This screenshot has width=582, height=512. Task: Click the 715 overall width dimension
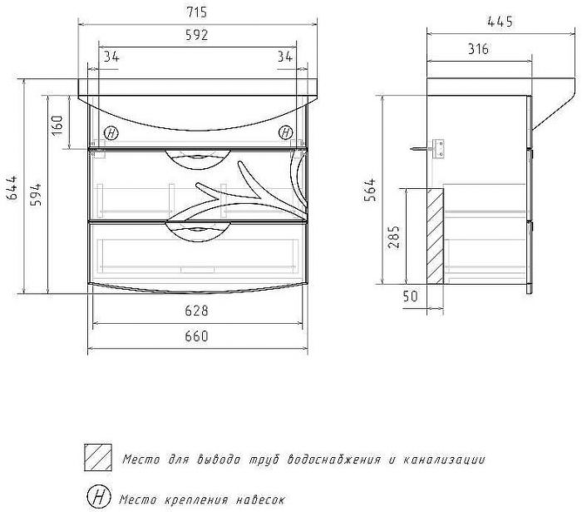(197, 12)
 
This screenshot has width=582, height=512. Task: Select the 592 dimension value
(197, 35)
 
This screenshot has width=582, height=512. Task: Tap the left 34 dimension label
(111, 57)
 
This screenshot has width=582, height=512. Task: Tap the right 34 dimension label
(285, 57)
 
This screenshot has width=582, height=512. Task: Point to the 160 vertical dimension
(57, 125)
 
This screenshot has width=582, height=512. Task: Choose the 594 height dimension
(36, 195)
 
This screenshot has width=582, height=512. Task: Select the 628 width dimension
(197, 311)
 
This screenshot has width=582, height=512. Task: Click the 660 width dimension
(197, 336)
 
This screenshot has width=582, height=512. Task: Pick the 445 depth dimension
(500, 22)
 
